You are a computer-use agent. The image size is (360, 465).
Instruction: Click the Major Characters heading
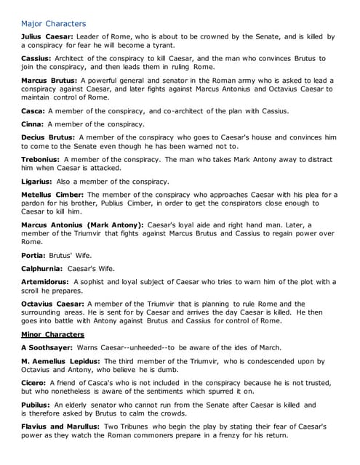coord(53,23)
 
